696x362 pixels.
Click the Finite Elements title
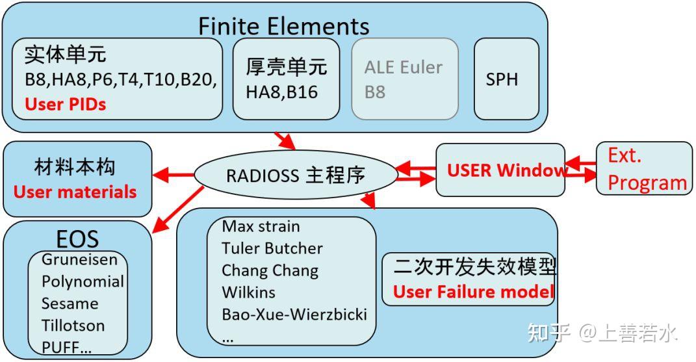(283, 25)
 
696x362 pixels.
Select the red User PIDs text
(65, 104)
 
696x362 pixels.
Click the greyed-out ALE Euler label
(403, 68)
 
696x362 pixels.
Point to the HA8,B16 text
(281, 92)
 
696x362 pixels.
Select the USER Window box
(500, 170)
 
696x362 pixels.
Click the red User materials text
(75, 192)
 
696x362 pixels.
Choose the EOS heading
(77, 239)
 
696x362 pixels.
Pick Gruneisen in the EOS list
(79, 260)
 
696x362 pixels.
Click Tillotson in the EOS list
(73, 326)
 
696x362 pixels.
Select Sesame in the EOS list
(70, 304)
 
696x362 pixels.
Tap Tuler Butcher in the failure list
(272, 248)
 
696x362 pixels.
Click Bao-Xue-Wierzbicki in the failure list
(294, 315)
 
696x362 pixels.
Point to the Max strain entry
(261, 226)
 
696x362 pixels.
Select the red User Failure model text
(473, 292)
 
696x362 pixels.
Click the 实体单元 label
(65, 55)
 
